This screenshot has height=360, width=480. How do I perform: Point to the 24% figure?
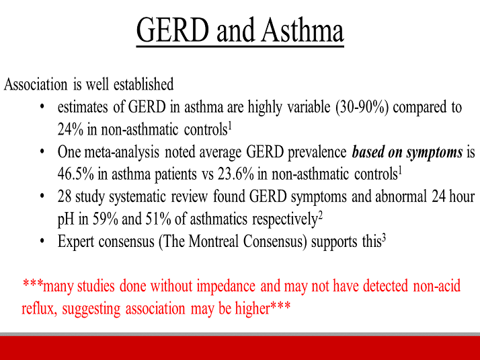(70, 128)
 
